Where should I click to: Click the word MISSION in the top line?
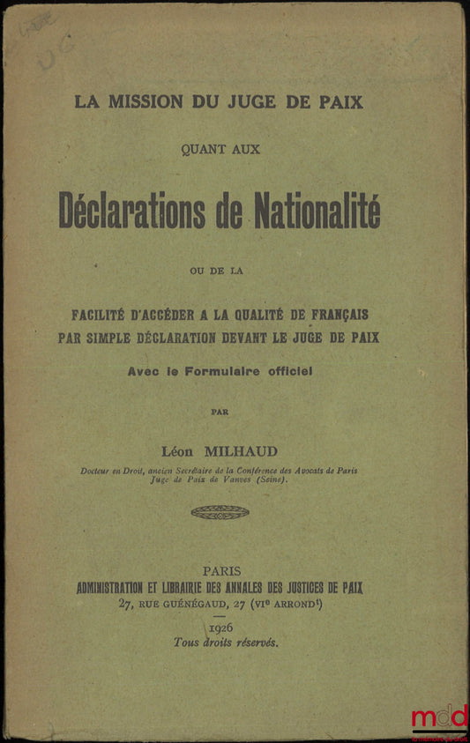point(144,102)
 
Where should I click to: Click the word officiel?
point(285,371)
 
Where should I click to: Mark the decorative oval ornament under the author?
point(220,511)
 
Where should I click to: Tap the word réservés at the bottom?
point(256,643)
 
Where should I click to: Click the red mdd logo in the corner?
point(439,718)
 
